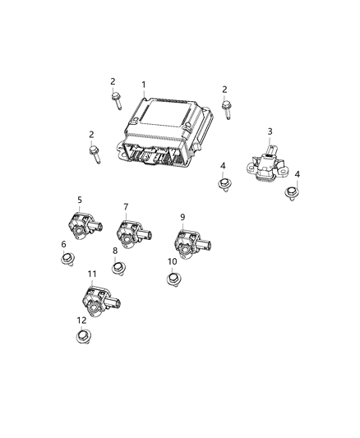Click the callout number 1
143,85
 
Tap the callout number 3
270,131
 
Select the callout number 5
79,199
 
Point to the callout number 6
63,244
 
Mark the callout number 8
115,251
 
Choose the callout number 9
182,217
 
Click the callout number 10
172,261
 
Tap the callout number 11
91,273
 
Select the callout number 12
81,320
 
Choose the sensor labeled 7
132,233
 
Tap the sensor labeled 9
188,243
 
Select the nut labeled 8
119,268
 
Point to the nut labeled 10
173,279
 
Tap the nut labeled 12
82,337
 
